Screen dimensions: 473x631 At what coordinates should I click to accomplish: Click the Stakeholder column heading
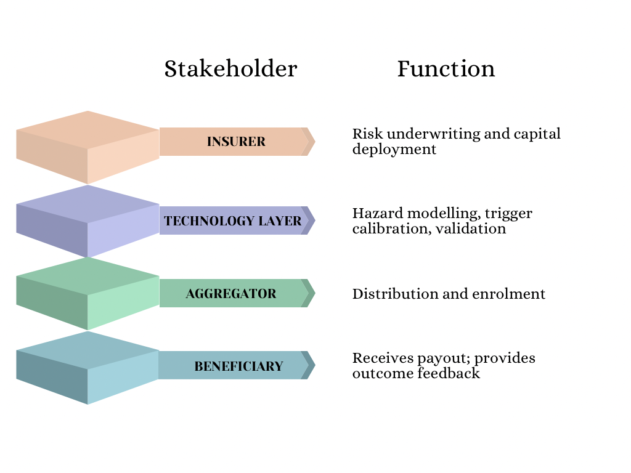click(x=230, y=68)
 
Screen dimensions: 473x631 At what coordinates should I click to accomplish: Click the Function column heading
click(x=446, y=68)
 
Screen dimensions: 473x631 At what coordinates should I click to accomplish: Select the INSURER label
click(x=236, y=142)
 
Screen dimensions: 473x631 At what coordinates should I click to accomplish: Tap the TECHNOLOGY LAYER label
click(x=233, y=221)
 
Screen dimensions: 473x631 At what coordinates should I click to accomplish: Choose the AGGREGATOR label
click(x=231, y=294)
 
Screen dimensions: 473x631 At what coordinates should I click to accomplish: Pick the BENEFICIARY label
click(x=238, y=366)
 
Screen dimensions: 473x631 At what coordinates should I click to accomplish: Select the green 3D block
click(x=88, y=293)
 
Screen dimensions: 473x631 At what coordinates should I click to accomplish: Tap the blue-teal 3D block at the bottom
click(x=88, y=367)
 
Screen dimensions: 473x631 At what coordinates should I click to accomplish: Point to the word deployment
click(x=394, y=150)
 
